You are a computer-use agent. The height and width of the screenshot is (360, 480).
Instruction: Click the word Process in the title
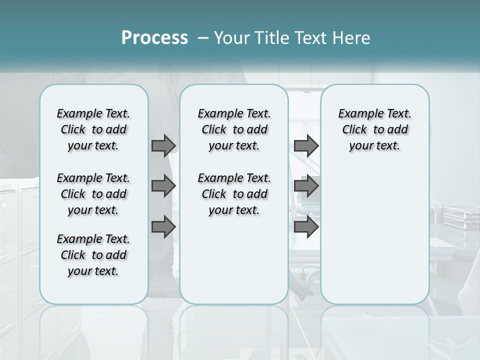(x=154, y=37)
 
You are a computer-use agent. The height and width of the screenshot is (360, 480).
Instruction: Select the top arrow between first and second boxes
(x=163, y=146)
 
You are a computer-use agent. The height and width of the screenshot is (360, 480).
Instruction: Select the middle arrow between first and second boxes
(x=163, y=186)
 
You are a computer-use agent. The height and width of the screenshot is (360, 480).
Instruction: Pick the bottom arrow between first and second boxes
(x=163, y=227)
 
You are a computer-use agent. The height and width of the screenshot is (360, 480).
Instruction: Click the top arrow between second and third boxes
(x=306, y=146)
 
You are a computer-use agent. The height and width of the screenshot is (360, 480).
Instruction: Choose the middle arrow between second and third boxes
(x=306, y=186)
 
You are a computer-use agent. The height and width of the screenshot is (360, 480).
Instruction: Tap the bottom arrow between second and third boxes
(x=306, y=227)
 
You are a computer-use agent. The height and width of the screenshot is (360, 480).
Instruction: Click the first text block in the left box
(x=93, y=130)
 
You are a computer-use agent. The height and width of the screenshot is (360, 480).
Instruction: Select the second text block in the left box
(x=93, y=194)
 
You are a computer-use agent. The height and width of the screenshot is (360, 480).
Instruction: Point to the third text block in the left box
(x=93, y=255)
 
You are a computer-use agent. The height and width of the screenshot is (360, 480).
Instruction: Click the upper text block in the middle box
(x=234, y=130)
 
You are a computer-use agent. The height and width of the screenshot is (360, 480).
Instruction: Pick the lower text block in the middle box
(x=234, y=194)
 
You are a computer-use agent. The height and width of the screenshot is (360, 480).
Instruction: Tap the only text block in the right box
(x=374, y=130)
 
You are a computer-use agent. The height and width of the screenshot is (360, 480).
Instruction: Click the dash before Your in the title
(x=203, y=38)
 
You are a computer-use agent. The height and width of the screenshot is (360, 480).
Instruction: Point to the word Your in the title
(x=231, y=37)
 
